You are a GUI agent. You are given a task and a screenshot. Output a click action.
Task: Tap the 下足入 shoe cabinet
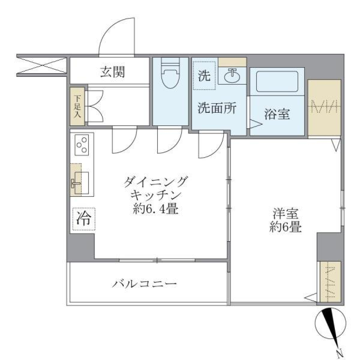[78, 107]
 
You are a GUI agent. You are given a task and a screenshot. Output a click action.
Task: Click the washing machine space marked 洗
[204, 76]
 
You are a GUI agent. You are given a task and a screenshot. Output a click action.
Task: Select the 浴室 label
[277, 114]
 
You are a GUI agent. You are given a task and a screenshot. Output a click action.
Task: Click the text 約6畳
[285, 227]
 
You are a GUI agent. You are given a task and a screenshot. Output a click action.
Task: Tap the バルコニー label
[145, 284]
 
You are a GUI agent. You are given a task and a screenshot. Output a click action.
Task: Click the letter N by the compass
[339, 352]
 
